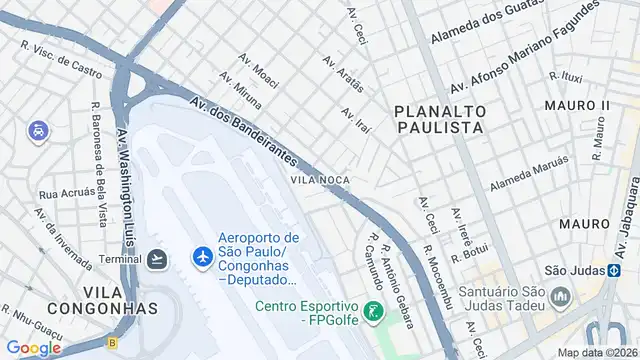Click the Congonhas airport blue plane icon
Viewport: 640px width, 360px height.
point(202,258)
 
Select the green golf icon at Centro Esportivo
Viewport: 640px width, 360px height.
point(372,312)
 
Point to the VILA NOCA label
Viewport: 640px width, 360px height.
point(320,180)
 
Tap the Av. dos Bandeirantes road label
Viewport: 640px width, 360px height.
point(245,131)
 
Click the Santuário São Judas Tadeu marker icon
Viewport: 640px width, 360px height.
point(560,298)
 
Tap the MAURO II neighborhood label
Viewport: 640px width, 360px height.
point(577,106)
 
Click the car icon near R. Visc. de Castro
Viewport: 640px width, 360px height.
point(36,131)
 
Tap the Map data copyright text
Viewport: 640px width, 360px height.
point(597,352)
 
